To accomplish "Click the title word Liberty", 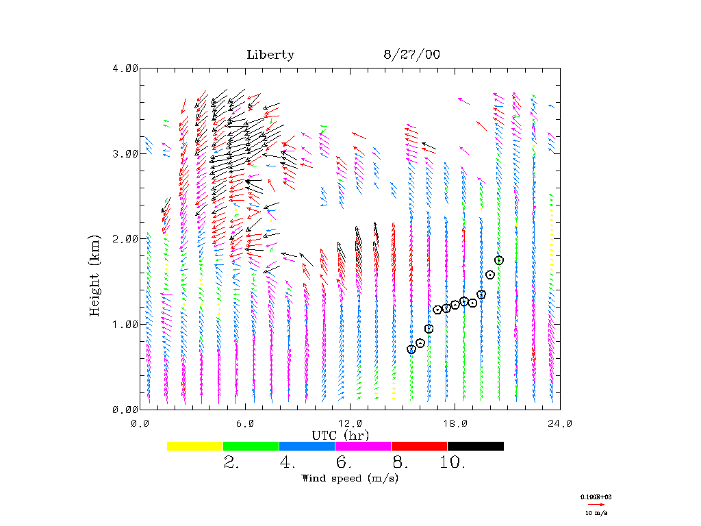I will click(270, 55).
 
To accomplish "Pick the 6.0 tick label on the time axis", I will click(245, 423).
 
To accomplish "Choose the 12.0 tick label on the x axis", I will click(350, 423).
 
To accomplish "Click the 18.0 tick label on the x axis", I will click(455, 423).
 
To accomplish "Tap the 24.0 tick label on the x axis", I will click(560, 423).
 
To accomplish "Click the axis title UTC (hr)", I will click(340, 435).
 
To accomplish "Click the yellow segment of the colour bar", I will click(195, 446).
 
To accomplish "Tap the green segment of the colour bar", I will click(251, 446).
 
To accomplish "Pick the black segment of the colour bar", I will click(475, 446).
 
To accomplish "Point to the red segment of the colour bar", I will click(419, 446).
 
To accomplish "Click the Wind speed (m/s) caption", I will click(350, 478).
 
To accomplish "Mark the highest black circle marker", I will click(499, 260).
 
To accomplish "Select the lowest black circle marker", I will click(411, 349).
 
